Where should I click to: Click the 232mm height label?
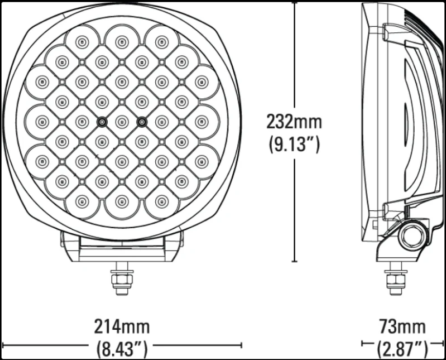coord(294,122)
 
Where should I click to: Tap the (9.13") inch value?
coord(294,144)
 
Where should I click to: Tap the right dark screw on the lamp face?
coord(141,122)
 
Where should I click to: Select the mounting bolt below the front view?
coord(121,280)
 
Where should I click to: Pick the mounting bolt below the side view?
coord(395,280)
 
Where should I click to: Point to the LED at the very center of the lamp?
coord(121,122)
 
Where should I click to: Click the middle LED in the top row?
coord(121,42)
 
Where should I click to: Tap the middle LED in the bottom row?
coord(121,201)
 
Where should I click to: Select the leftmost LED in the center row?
coord(42,122)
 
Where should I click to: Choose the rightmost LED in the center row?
coord(201,122)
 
